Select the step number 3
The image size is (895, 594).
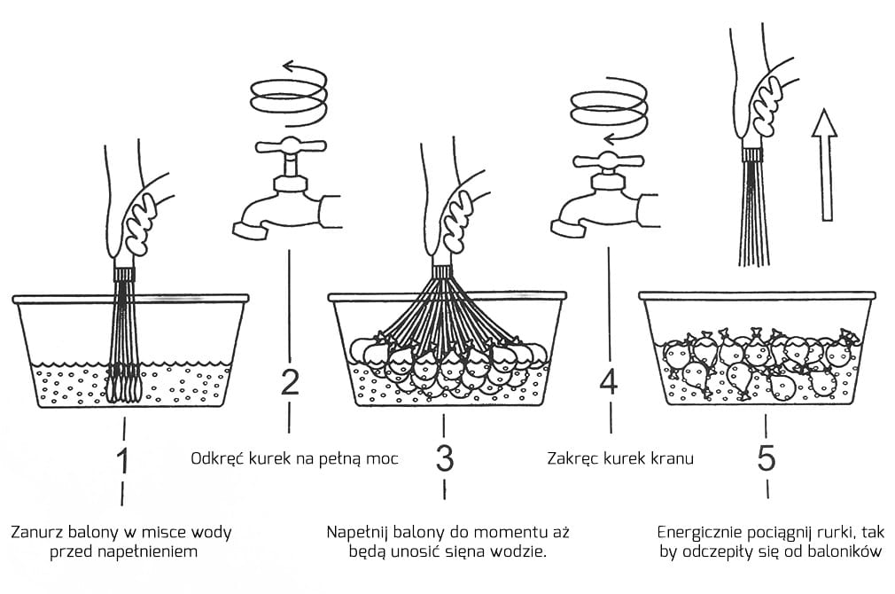tap(444, 458)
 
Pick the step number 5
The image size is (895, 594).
tap(767, 458)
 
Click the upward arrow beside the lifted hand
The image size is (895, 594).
tap(825, 164)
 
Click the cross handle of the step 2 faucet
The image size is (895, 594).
tap(289, 147)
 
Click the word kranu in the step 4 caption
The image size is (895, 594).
tap(673, 459)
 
